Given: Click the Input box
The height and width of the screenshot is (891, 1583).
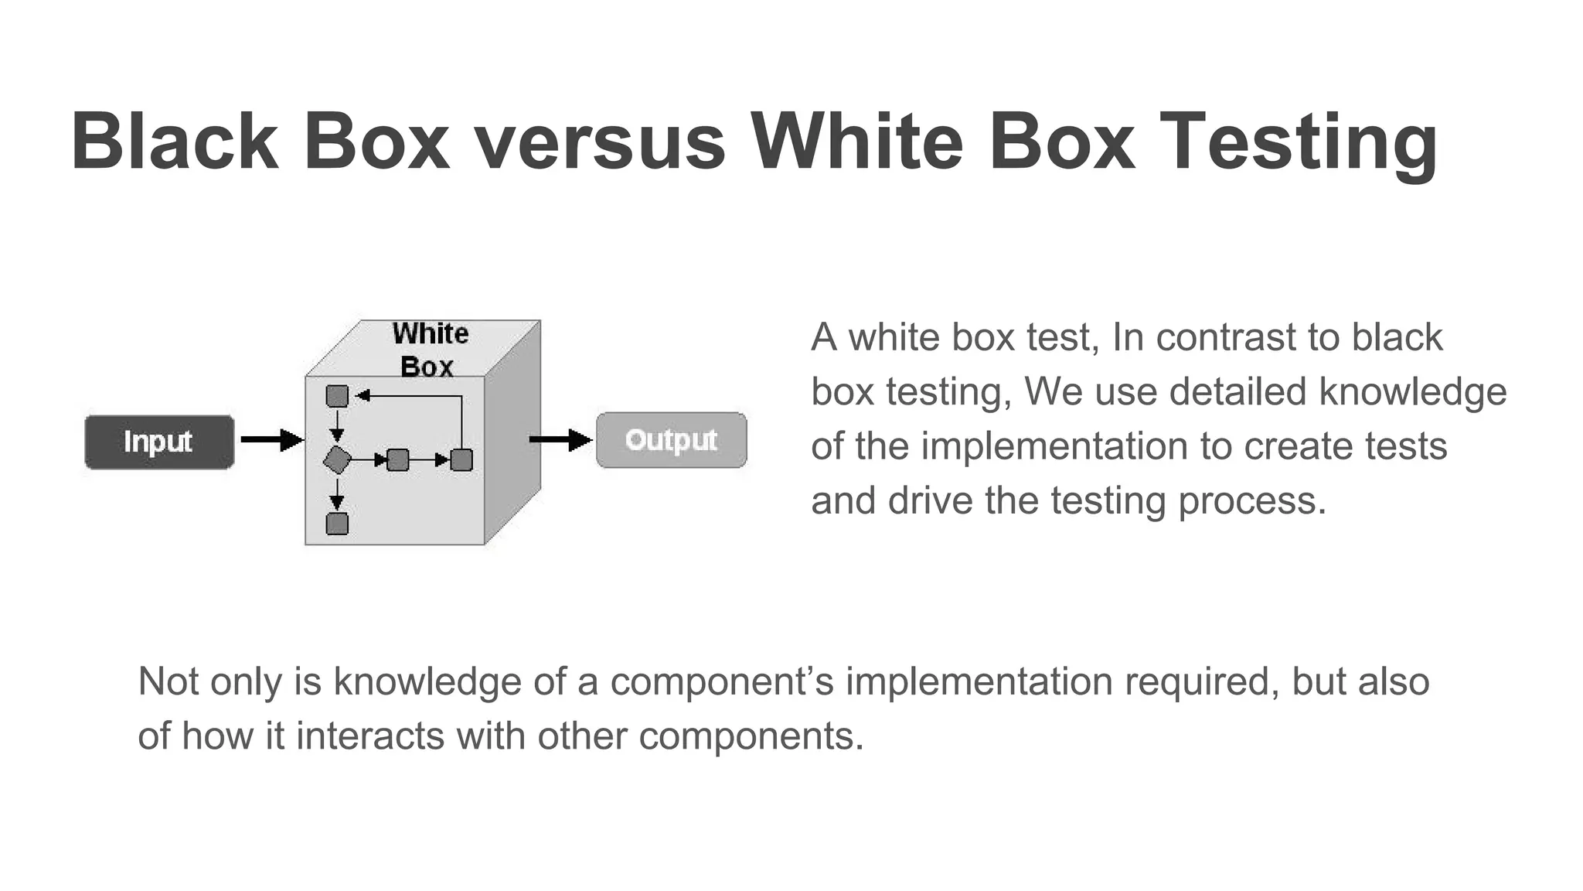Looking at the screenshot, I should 159,442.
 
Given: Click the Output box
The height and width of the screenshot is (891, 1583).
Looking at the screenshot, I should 671,440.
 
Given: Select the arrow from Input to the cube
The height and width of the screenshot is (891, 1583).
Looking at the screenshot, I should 271,440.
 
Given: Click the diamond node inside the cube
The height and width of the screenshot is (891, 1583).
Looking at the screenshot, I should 337,460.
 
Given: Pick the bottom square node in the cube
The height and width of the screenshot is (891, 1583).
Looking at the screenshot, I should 337,524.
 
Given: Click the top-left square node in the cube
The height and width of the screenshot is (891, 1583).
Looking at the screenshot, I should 337,396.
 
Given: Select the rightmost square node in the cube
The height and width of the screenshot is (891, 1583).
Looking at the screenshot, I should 461,460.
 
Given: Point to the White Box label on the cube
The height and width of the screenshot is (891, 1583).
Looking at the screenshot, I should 429,350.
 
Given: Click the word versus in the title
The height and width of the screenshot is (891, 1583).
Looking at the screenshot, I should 599,142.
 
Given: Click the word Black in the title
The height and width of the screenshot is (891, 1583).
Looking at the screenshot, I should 175,142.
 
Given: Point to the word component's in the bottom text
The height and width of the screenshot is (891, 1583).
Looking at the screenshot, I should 722,681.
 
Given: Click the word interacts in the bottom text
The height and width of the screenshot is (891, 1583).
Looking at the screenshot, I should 370,736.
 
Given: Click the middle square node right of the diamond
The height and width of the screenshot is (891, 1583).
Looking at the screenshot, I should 397,460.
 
